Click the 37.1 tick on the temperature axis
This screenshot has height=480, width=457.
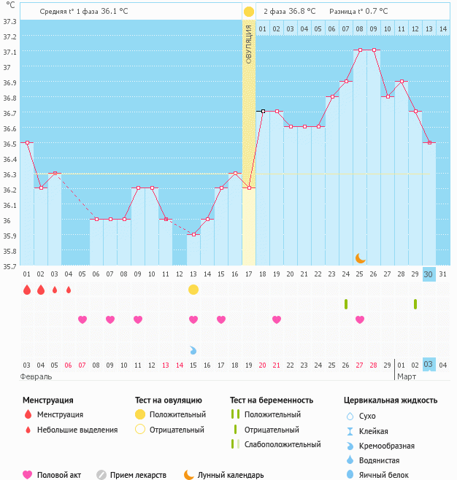[9, 53]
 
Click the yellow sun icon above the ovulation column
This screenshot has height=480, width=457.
[249, 12]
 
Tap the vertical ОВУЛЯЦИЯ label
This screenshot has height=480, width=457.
[248, 44]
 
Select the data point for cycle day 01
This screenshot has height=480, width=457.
[27, 143]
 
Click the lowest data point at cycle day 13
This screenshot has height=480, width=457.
[193, 234]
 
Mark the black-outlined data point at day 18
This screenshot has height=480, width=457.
[263, 111]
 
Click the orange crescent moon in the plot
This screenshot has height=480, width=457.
[360, 258]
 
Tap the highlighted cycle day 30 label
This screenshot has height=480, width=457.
[429, 274]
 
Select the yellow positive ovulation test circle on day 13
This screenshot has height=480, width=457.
[193, 290]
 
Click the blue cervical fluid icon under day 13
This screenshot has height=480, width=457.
[193, 350]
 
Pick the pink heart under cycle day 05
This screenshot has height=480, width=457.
[82, 320]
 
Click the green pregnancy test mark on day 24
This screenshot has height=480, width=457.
[346, 303]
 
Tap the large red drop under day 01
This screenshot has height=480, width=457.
[27, 290]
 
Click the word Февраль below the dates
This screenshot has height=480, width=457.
[36, 376]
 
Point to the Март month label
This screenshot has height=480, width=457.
[406, 376]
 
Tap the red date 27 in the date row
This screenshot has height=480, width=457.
[360, 365]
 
